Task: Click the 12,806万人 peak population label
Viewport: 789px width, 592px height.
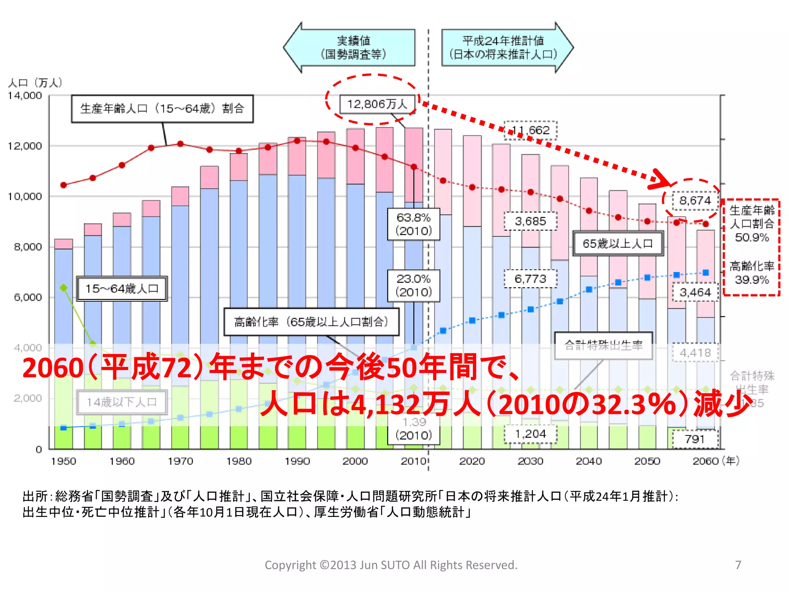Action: pos(377,104)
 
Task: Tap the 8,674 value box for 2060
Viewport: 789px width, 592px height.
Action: pos(695,200)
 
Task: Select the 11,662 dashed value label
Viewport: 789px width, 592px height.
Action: pos(530,130)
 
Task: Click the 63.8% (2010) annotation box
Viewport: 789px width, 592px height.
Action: pos(413,224)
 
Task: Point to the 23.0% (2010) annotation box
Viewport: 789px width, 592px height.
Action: pos(413,285)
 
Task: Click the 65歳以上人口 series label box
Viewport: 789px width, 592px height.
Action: pos(618,244)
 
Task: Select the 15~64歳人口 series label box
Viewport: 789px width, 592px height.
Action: pos(122,288)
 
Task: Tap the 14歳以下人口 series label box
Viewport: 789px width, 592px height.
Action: pos(122,402)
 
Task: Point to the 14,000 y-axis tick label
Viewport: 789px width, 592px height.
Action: pos(25,96)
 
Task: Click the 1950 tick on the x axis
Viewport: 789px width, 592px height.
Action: pos(64,461)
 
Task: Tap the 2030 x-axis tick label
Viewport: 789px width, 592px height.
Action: pos(530,461)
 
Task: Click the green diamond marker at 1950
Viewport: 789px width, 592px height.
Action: pos(64,288)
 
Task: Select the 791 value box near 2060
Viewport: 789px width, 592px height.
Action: pos(695,439)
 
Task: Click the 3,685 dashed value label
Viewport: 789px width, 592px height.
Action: pos(530,221)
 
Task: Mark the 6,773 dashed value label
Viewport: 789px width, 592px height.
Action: pos(530,279)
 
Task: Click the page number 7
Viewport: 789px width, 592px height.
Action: pos(738,565)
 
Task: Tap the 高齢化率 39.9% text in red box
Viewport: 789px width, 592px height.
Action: pos(752,273)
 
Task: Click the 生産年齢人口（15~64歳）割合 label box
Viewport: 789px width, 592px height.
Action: pos(162,109)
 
